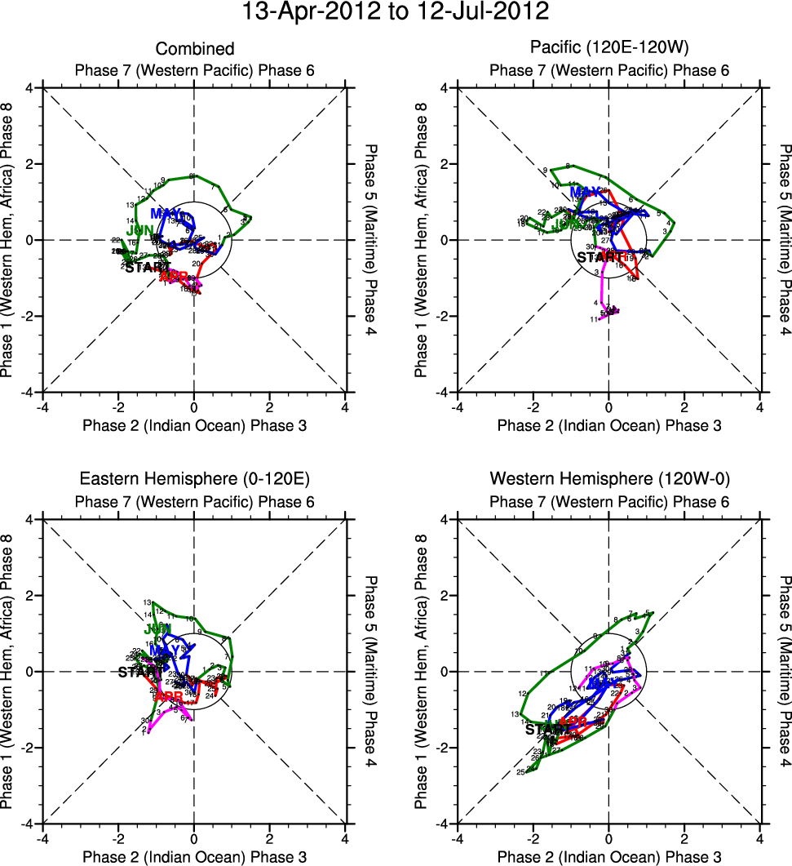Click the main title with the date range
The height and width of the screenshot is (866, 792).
click(396, 13)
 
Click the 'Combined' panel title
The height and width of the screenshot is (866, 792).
click(194, 50)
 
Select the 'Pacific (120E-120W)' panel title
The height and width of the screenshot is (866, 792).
click(608, 50)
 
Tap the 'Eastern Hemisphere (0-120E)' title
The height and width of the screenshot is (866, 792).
click(194, 479)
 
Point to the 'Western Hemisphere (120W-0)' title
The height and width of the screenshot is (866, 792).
click(608, 479)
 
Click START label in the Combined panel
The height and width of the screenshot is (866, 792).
click(147, 267)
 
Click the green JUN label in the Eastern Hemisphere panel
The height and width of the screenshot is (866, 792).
click(157, 629)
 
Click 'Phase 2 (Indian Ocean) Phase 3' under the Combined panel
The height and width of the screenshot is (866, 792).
click(194, 425)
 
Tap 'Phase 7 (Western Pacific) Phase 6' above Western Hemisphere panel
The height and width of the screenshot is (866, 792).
click(608, 500)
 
